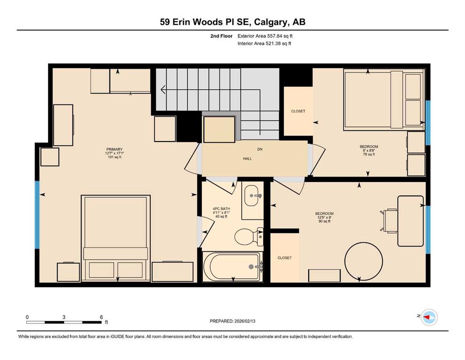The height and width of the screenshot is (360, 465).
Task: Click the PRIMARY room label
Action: click(x=114, y=149)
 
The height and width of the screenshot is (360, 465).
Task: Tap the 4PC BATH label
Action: click(x=221, y=209)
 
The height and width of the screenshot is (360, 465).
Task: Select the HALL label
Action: click(x=247, y=159)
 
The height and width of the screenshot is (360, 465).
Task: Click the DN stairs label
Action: click(x=260, y=149)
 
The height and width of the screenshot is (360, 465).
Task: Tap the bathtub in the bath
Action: click(x=232, y=266)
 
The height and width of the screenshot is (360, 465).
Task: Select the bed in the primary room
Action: click(x=116, y=238)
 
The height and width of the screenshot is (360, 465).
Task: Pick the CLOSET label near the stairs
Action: click(x=298, y=111)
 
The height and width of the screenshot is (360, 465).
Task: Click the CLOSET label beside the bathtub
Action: click(x=284, y=258)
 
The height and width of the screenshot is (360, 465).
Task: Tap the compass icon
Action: click(x=429, y=317)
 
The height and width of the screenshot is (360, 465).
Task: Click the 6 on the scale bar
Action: click(x=101, y=317)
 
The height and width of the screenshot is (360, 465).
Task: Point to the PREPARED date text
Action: click(x=232, y=321)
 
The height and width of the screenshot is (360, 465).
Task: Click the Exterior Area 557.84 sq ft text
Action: click(x=265, y=36)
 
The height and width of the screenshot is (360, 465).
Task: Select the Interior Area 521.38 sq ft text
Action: click(x=264, y=44)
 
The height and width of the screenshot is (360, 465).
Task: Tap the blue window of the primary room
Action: click(x=37, y=215)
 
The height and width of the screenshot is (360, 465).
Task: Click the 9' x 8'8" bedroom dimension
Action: click(x=369, y=150)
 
